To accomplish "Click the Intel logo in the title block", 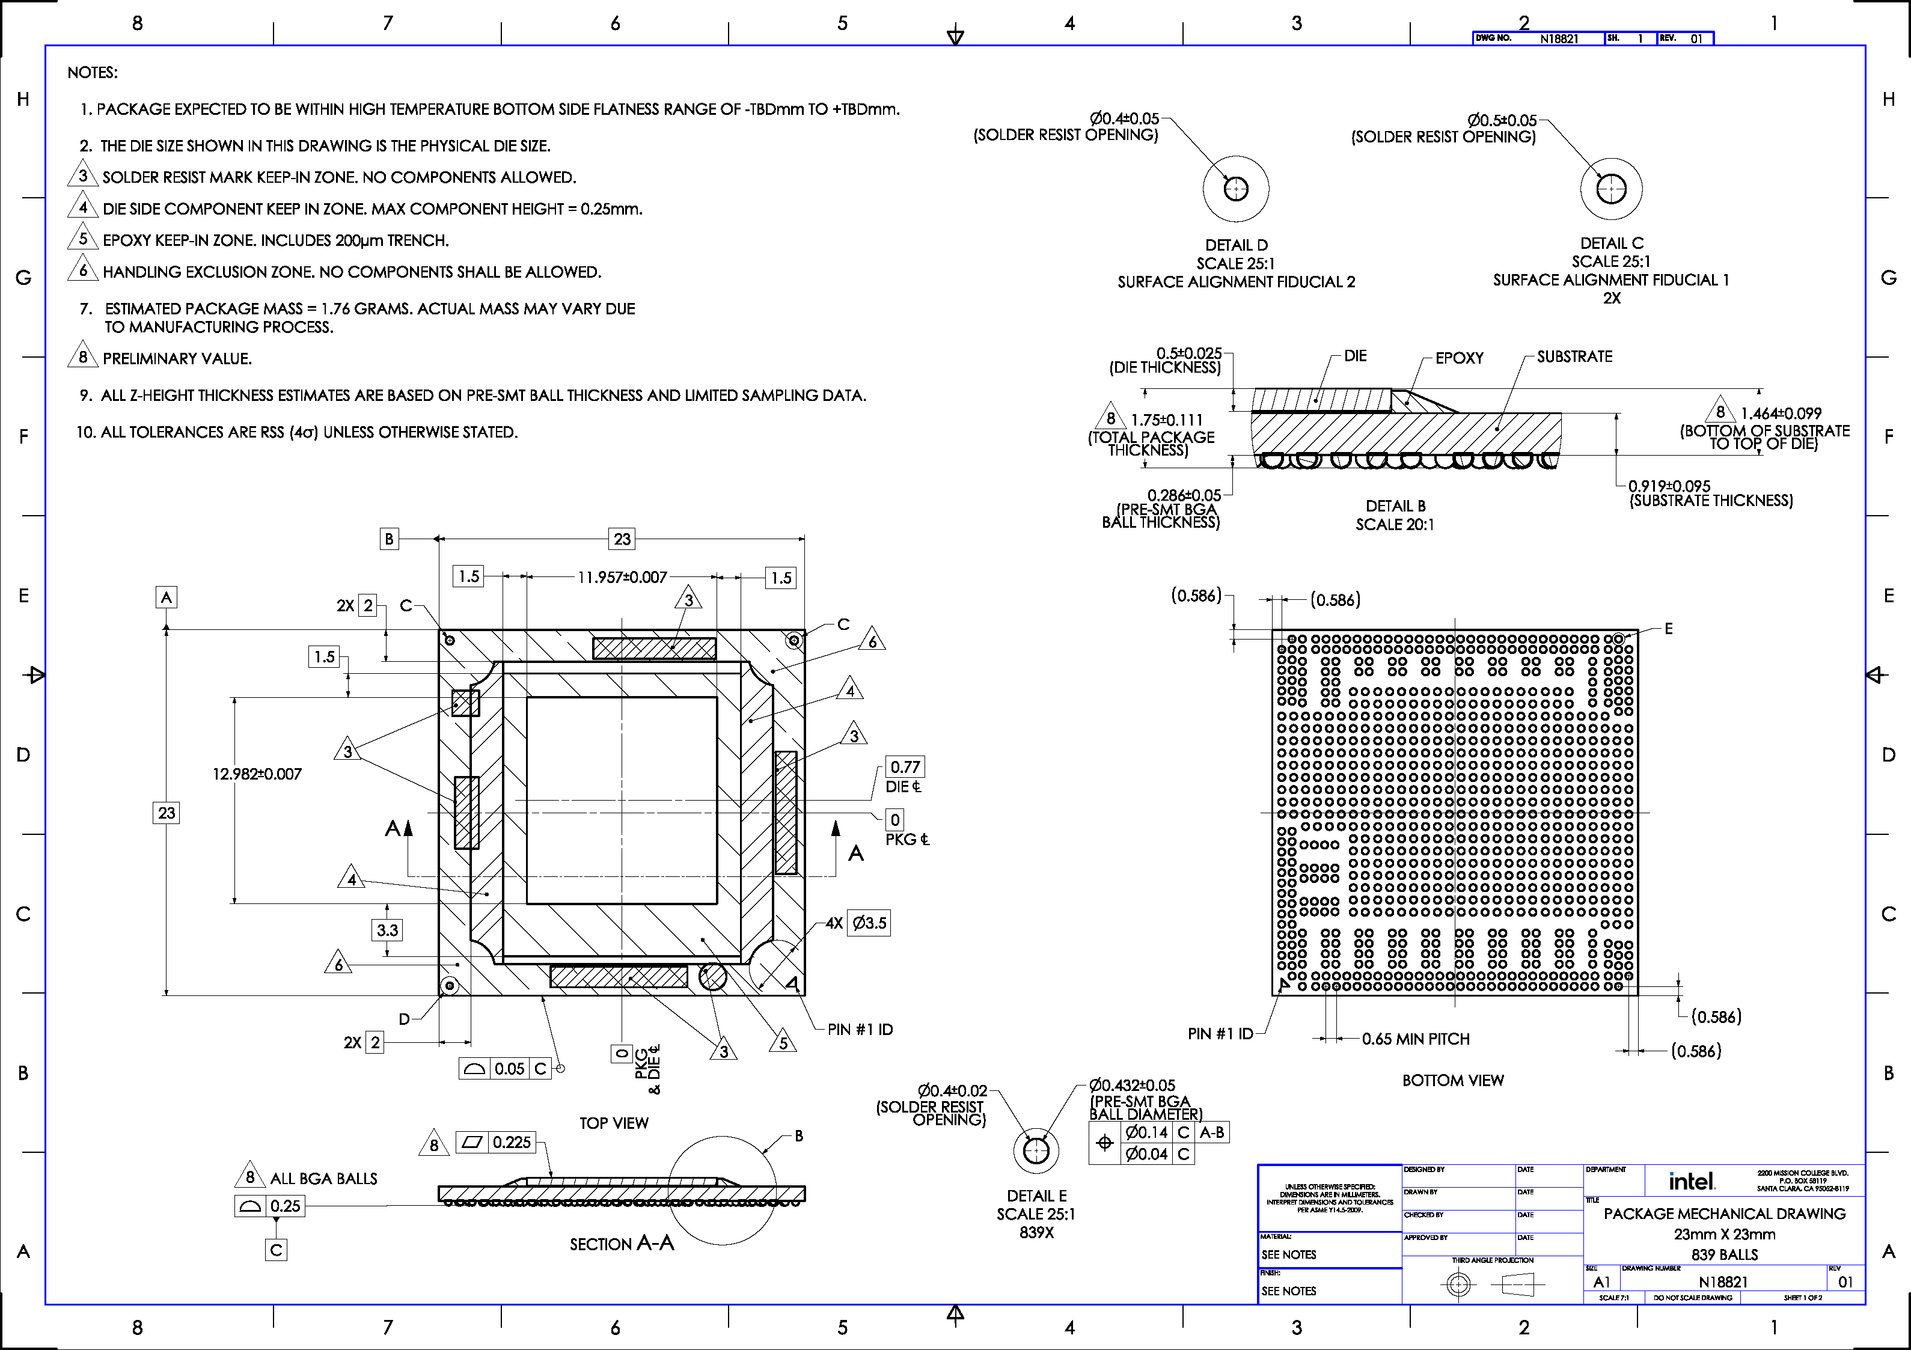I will [x=1691, y=1180].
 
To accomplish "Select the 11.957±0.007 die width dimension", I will [x=623, y=577].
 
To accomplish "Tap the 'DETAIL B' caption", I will [x=1395, y=506].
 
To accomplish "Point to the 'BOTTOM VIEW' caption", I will [x=1452, y=1080].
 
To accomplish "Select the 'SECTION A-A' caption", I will [x=622, y=1244].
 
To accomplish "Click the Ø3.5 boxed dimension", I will [x=869, y=923].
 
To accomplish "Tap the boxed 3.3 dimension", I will [x=387, y=930].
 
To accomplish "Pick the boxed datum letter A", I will [x=167, y=597].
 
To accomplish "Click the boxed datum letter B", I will [x=389, y=539].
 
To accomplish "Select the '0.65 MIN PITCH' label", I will [x=1415, y=1039].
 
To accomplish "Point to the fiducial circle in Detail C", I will [x=1612, y=189].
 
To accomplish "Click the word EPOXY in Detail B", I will [x=1459, y=358].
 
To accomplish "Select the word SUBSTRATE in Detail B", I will [x=1574, y=356].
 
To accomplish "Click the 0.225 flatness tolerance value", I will [x=511, y=1142].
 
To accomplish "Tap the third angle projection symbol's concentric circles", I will [x=1458, y=1285].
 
